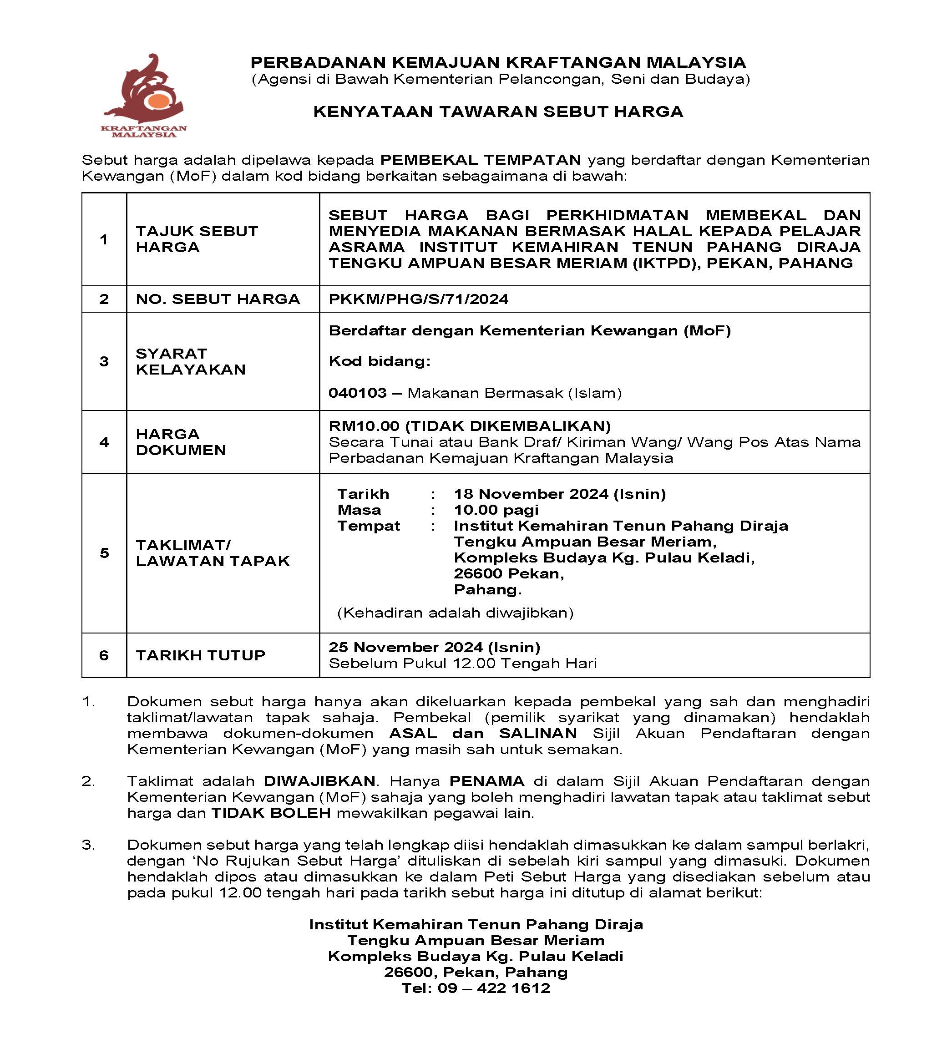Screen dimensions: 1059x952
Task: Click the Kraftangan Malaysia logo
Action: pos(144,96)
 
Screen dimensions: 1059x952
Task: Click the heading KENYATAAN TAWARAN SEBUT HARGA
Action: pos(498,111)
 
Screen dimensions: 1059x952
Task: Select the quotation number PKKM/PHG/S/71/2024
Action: pos(419,299)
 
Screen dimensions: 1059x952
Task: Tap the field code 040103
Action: pos(358,393)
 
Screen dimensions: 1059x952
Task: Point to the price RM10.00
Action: pos(364,426)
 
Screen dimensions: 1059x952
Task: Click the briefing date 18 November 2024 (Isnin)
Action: pos(559,494)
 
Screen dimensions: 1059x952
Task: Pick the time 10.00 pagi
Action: pos(496,510)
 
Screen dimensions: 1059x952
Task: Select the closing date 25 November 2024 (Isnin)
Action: pos(434,648)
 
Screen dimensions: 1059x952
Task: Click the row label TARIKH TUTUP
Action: pos(200,655)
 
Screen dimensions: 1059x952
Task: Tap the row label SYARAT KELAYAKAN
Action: pos(190,361)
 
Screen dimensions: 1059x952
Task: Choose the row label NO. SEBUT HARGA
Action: pos(218,299)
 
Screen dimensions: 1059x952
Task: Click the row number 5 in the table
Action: pos(104,553)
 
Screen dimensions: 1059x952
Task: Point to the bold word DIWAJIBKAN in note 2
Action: pos(319,781)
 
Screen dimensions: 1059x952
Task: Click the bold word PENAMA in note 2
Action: pos(486,781)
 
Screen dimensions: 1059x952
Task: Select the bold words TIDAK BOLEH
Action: pos(271,813)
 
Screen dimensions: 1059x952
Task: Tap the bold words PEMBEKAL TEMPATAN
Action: pos(480,160)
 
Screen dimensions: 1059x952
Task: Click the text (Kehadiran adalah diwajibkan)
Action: pos(455,613)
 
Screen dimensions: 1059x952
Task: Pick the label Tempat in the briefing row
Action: pos(368,526)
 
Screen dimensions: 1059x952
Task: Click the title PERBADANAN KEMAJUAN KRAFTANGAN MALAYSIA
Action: pos(498,62)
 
